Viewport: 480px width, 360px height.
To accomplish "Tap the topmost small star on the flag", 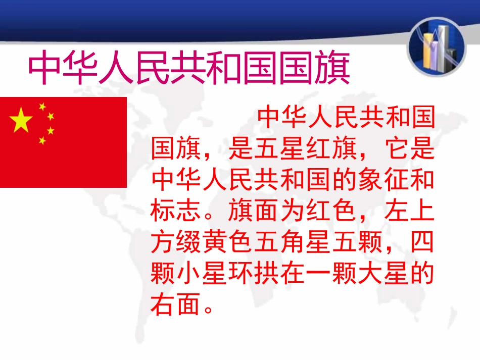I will coord(42,107).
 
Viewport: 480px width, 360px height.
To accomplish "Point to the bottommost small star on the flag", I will coord(42,140).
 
